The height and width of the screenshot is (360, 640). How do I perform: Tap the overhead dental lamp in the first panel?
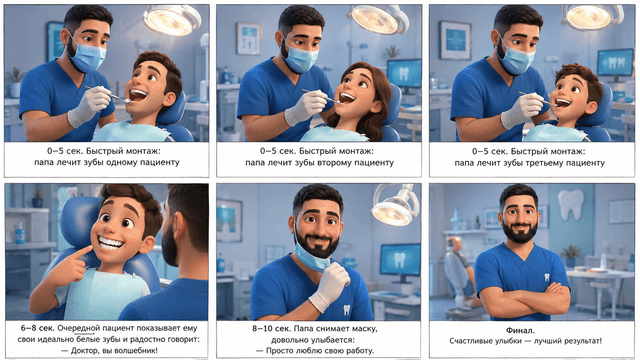pyautogui.click(x=172, y=19)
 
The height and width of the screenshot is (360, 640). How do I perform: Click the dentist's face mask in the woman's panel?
pyautogui.click(x=300, y=57)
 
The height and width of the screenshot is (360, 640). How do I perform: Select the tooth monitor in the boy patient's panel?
pyautogui.click(x=615, y=63)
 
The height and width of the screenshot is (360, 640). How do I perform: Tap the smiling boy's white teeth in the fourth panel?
pyautogui.click(x=111, y=244)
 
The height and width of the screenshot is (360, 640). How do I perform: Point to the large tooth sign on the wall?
pyautogui.click(x=571, y=204)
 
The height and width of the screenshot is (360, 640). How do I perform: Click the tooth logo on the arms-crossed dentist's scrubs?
pyautogui.click(x=547, y=278)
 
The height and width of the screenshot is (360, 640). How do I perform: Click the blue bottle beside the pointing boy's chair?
pyautogui.click(x=20, y=233)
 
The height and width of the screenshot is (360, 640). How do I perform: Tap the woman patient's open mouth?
pyautogui.click(x=347, y=98)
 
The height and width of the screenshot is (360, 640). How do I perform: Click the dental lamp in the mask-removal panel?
pyautogui.click(x=395, y=205)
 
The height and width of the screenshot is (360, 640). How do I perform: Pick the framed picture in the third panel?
pyautogui.click(x=455, y=40)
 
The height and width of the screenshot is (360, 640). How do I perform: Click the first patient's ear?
pyautogui.click(x=169, y=98)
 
